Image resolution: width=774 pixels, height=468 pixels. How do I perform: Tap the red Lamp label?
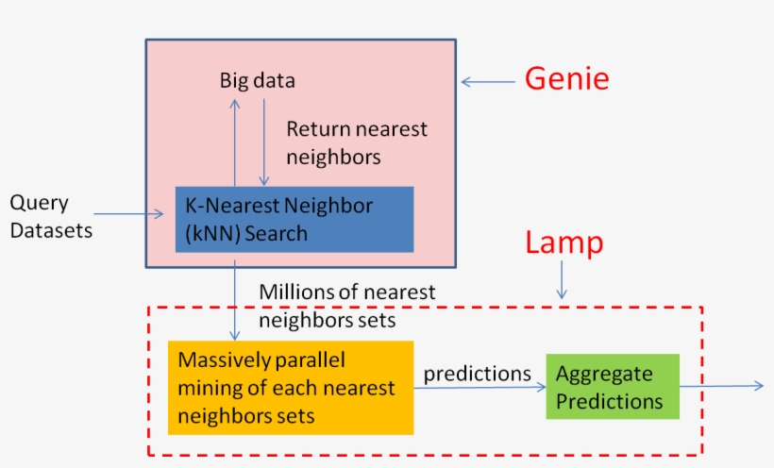coord(564,243)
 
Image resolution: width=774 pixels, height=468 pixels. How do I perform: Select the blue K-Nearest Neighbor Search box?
coord(294,219)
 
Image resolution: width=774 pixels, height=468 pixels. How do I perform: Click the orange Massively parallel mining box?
coord(290,388)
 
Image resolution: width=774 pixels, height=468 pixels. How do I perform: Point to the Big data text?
coord(258,81)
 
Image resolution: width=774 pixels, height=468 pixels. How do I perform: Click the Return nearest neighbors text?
coord(357,142)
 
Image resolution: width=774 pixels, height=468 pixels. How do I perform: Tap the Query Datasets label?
coord(51,216)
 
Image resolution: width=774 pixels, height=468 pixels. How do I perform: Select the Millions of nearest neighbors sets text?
coord(347,307)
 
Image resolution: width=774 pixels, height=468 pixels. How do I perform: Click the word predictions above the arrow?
coord(477,374)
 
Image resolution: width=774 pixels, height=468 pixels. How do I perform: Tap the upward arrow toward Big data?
coord(235,142)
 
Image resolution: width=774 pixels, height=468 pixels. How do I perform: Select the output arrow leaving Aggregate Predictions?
coord(722,385)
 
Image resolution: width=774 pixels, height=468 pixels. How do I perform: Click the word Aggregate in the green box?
coord(603,374)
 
